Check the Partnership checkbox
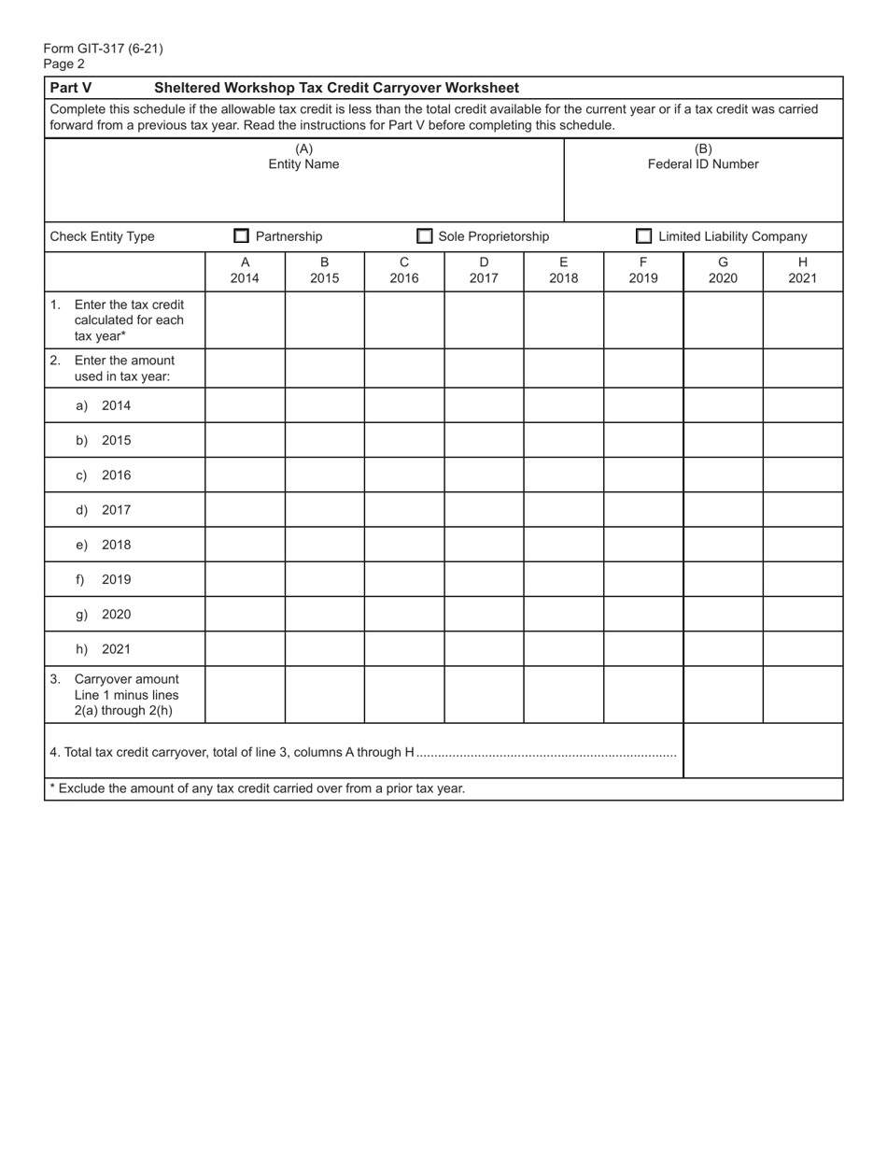click(242, 236)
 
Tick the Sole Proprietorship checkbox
click(425, 236)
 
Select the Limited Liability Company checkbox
click(644, 236)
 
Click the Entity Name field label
click(303, 164)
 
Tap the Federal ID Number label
click(703, 164)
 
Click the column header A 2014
click(245, 270)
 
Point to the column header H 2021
click(803, 270)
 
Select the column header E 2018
click(563, 270)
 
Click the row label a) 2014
click(104, 405)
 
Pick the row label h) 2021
click(104, 649)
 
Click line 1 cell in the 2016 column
click(404, 319)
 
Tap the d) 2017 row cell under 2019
click(643, 510)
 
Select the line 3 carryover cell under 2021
click(803, 694)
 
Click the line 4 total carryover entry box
click(763, 751)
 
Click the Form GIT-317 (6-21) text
click(103, 49)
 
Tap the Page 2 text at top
click(63, 64)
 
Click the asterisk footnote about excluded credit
click(258, 788)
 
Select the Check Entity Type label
click(103, 236)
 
